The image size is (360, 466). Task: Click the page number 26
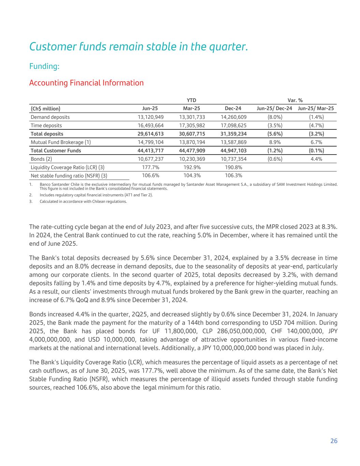[334, 441]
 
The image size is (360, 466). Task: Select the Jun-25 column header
[150, 109]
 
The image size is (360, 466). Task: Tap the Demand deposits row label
[50, 117]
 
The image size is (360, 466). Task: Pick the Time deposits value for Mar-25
[192, 125]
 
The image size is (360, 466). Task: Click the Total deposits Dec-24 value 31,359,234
[233, 134]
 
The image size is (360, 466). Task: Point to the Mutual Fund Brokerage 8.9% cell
[275, 142]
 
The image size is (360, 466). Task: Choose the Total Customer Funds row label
[56, 151]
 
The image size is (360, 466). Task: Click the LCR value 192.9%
[192, 167]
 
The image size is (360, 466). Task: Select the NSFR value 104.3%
[192, 175]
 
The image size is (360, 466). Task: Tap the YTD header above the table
[191, 100]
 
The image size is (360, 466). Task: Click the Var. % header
[295, 100]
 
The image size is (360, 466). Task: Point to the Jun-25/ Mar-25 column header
[316, 109]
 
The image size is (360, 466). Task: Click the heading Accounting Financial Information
[86, 83]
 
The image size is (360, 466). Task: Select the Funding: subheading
[44, 66]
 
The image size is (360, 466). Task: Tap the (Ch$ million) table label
[45, 109]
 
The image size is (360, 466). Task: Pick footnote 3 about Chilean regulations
[83, 201]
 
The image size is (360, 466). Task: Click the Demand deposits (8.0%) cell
[275, 117]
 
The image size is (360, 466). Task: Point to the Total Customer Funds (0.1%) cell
[316, 151]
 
